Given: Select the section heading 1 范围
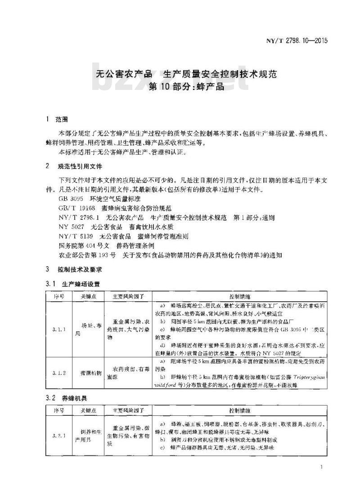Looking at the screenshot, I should (57, 120).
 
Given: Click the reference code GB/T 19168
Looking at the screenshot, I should (76, 208).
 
